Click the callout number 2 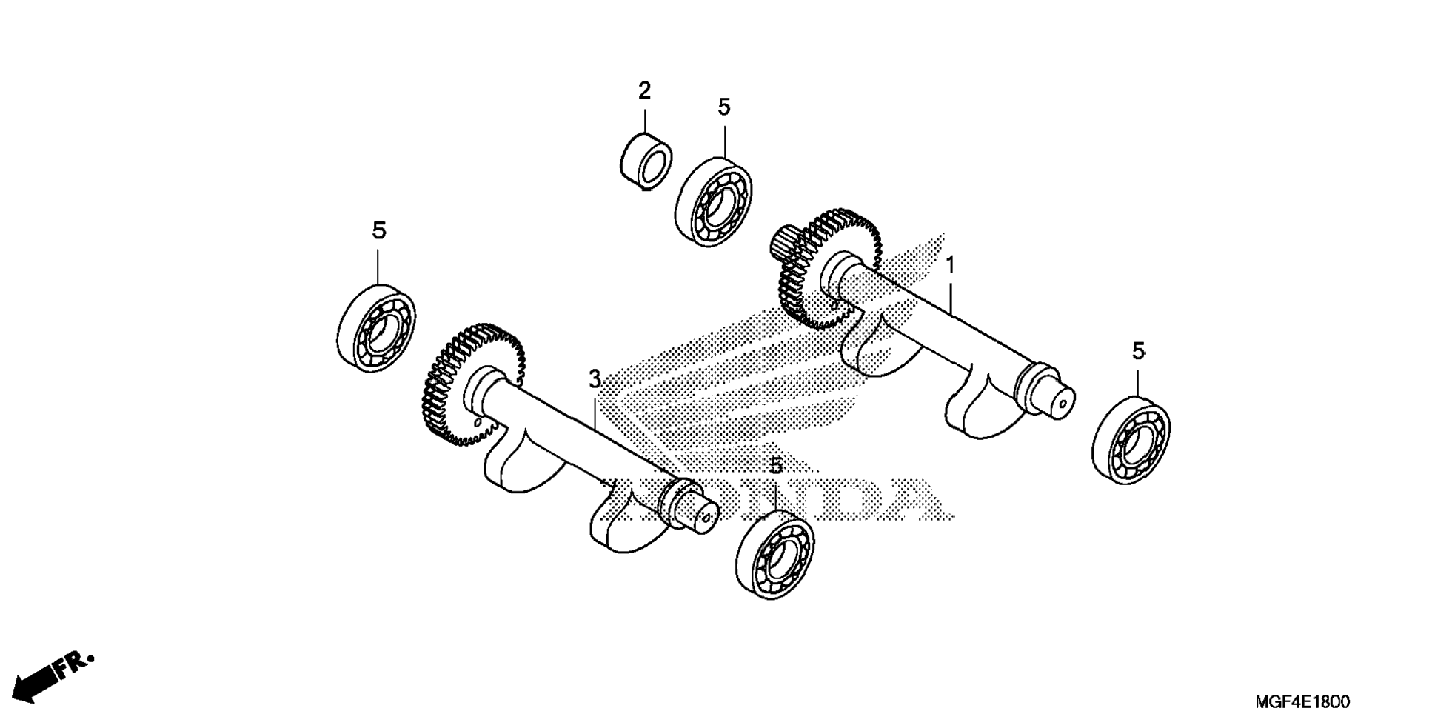point(644,91)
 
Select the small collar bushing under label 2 point(645,161)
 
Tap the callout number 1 point(950,265)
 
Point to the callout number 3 point(595,379)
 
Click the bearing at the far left point(375,327)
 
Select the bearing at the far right point(1130,441)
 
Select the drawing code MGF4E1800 point(1302,701)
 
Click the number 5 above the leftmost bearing point(378,231)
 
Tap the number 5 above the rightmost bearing point(1138,351)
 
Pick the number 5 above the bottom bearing point(775,466)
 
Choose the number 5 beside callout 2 point(723,107)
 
